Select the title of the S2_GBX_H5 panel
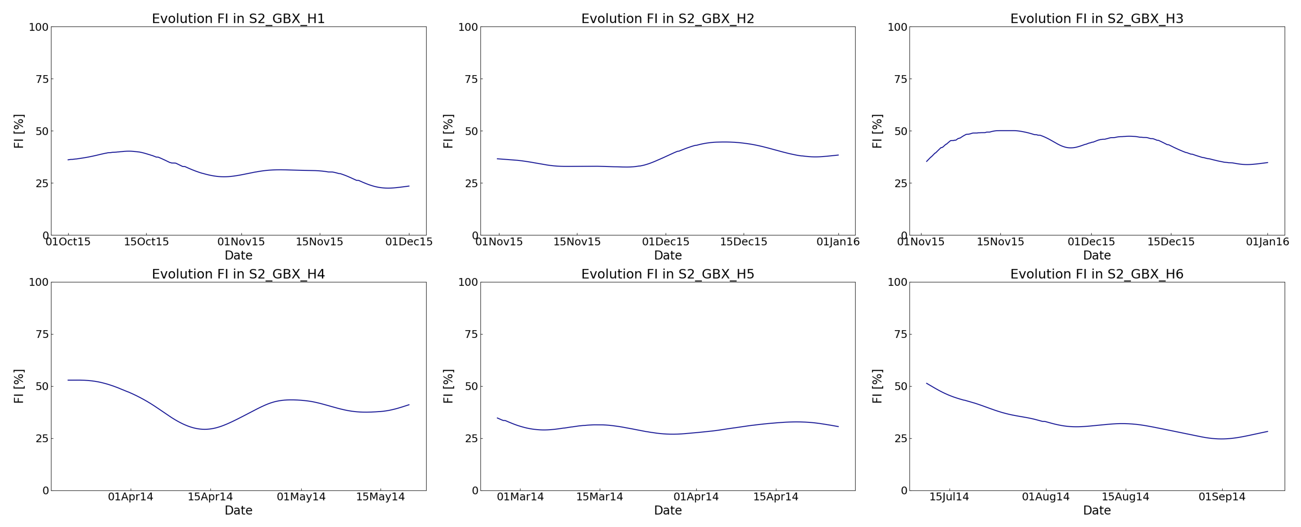667,274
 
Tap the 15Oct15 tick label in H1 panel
146,242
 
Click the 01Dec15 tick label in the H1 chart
409,242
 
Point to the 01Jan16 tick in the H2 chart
838,242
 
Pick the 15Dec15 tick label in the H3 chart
1171,242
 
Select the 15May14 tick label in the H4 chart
380,497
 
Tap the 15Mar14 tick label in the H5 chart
600,497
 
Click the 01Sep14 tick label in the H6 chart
1222,497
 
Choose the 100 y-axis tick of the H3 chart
897,27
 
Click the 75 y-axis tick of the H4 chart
42,334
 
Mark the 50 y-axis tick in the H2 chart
471,131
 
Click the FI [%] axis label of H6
877,386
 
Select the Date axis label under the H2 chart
667,255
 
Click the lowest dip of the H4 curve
205,429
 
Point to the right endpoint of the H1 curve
409,186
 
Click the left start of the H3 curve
927,161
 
